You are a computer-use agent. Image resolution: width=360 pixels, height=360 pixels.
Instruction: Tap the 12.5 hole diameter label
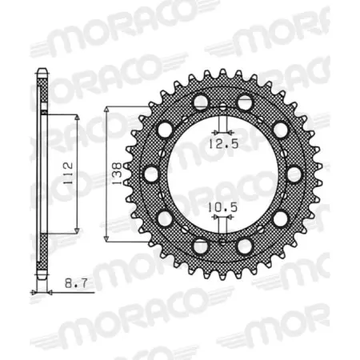[x=222, y=144]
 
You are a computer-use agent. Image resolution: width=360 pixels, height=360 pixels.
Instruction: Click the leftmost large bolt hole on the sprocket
[x=150, y=173]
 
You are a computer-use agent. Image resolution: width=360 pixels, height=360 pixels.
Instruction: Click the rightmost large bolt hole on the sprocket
[x=294, y=173]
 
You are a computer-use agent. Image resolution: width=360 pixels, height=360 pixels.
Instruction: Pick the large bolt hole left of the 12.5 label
[x=200, y=102]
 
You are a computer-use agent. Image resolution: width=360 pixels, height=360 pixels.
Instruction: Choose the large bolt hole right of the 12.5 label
[x=245, y=102]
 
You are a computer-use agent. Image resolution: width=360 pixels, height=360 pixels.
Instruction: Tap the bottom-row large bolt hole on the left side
[x=200, y=244]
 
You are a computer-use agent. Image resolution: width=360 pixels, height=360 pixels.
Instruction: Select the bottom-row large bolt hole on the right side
[x=245, y=244]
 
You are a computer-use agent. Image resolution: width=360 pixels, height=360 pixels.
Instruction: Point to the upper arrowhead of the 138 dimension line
[x=109, y=110]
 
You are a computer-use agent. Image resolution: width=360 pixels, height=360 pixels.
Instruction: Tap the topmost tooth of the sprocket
[x=222, y=66]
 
